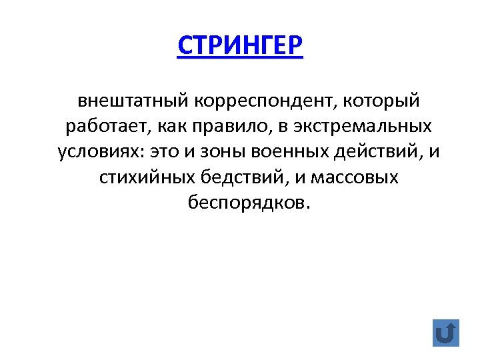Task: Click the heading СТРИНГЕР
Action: tap(240, 46)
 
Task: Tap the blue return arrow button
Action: tap(446, 332)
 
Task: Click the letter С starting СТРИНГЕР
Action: tap(185, 46)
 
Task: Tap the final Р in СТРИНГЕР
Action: tap(294, 46)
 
